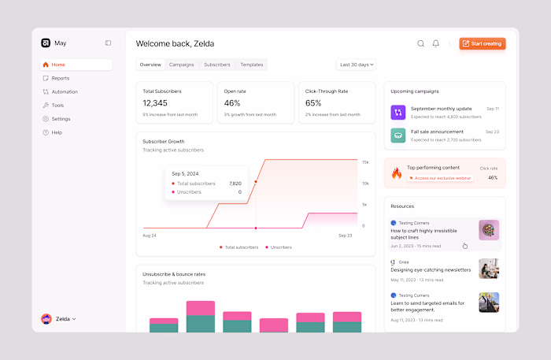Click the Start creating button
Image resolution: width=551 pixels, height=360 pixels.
click(x=482, y=43)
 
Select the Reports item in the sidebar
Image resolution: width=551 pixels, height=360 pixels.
click(x=60, y=78)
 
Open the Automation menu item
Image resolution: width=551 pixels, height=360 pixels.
click(x=64, y=91)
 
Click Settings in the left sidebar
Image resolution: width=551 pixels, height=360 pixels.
click(x=61, y=119)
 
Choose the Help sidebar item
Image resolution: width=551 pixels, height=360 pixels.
click(x=57, y=132)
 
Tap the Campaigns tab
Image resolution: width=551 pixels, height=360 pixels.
click(x=181, y=65)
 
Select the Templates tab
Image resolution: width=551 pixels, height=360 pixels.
click(x=251, y=65)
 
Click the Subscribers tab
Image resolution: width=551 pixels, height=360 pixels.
click(x=216, y=65)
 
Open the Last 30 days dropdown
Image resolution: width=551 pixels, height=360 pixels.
click(x=356, y=65)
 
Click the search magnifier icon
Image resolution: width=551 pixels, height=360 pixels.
click(x=420, y=43)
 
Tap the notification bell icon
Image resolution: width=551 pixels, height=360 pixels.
click(x=436, y=43)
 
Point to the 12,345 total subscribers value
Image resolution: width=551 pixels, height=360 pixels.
click(x=155, y=103)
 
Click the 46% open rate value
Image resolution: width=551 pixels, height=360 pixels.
click(x=232, y=103)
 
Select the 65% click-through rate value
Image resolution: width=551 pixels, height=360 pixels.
click(x=313, y=103)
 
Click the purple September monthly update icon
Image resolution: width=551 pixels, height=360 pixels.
click(x=398, y=112)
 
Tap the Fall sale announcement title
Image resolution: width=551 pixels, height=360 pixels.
click(x=437, y=132)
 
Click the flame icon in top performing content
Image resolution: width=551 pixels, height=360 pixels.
click(x=397, y=173)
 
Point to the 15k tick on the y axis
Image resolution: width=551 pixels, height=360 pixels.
click(x=365, y=161)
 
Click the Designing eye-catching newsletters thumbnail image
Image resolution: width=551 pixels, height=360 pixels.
click(x=489, y=269)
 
